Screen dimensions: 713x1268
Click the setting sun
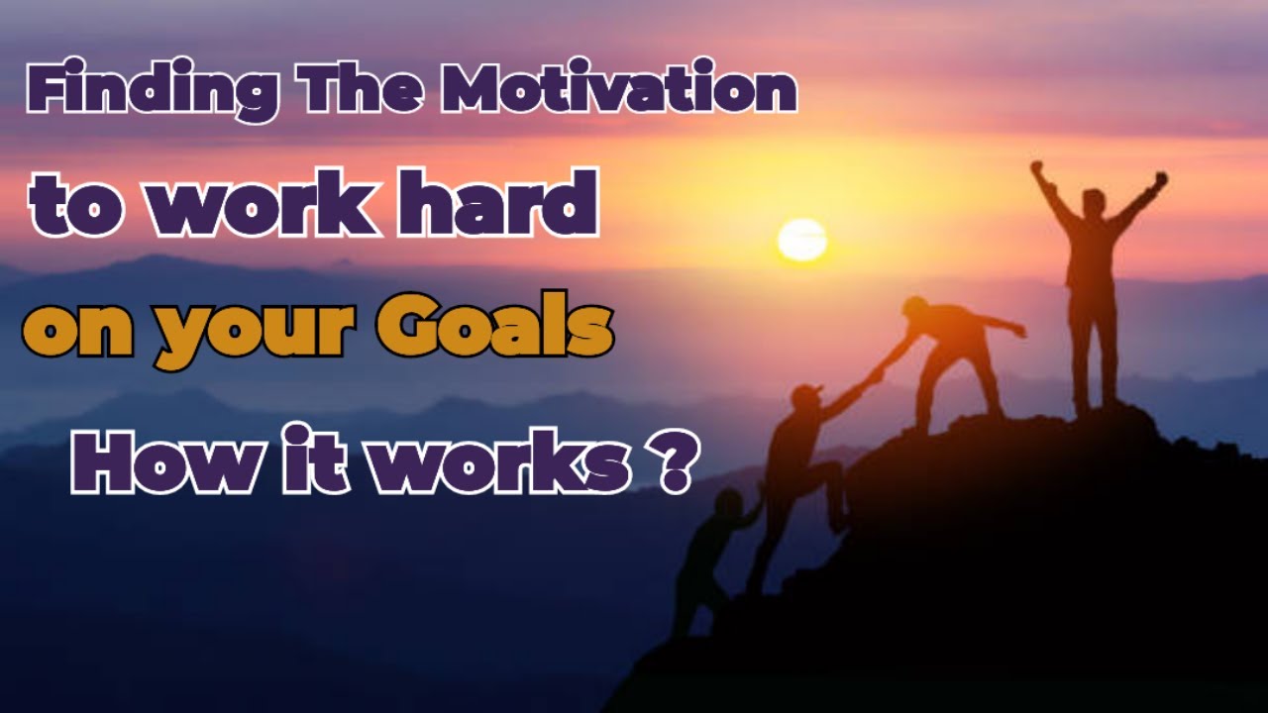tap(801, 240)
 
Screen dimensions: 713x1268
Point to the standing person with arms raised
tap(1095, 287)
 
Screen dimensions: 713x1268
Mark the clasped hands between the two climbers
tap(874, 373)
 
